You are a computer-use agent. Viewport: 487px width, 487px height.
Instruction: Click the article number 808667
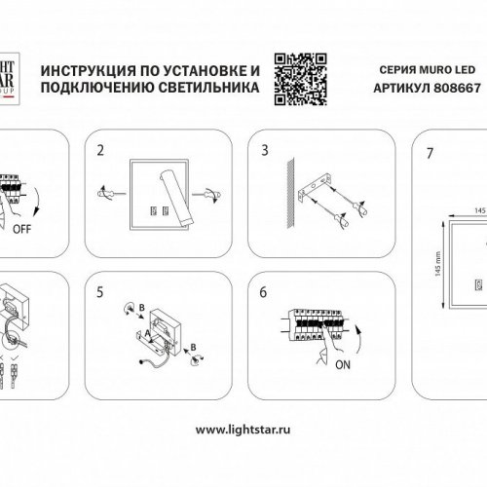(456, 86)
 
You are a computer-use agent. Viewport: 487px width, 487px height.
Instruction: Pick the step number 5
(100, 290)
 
